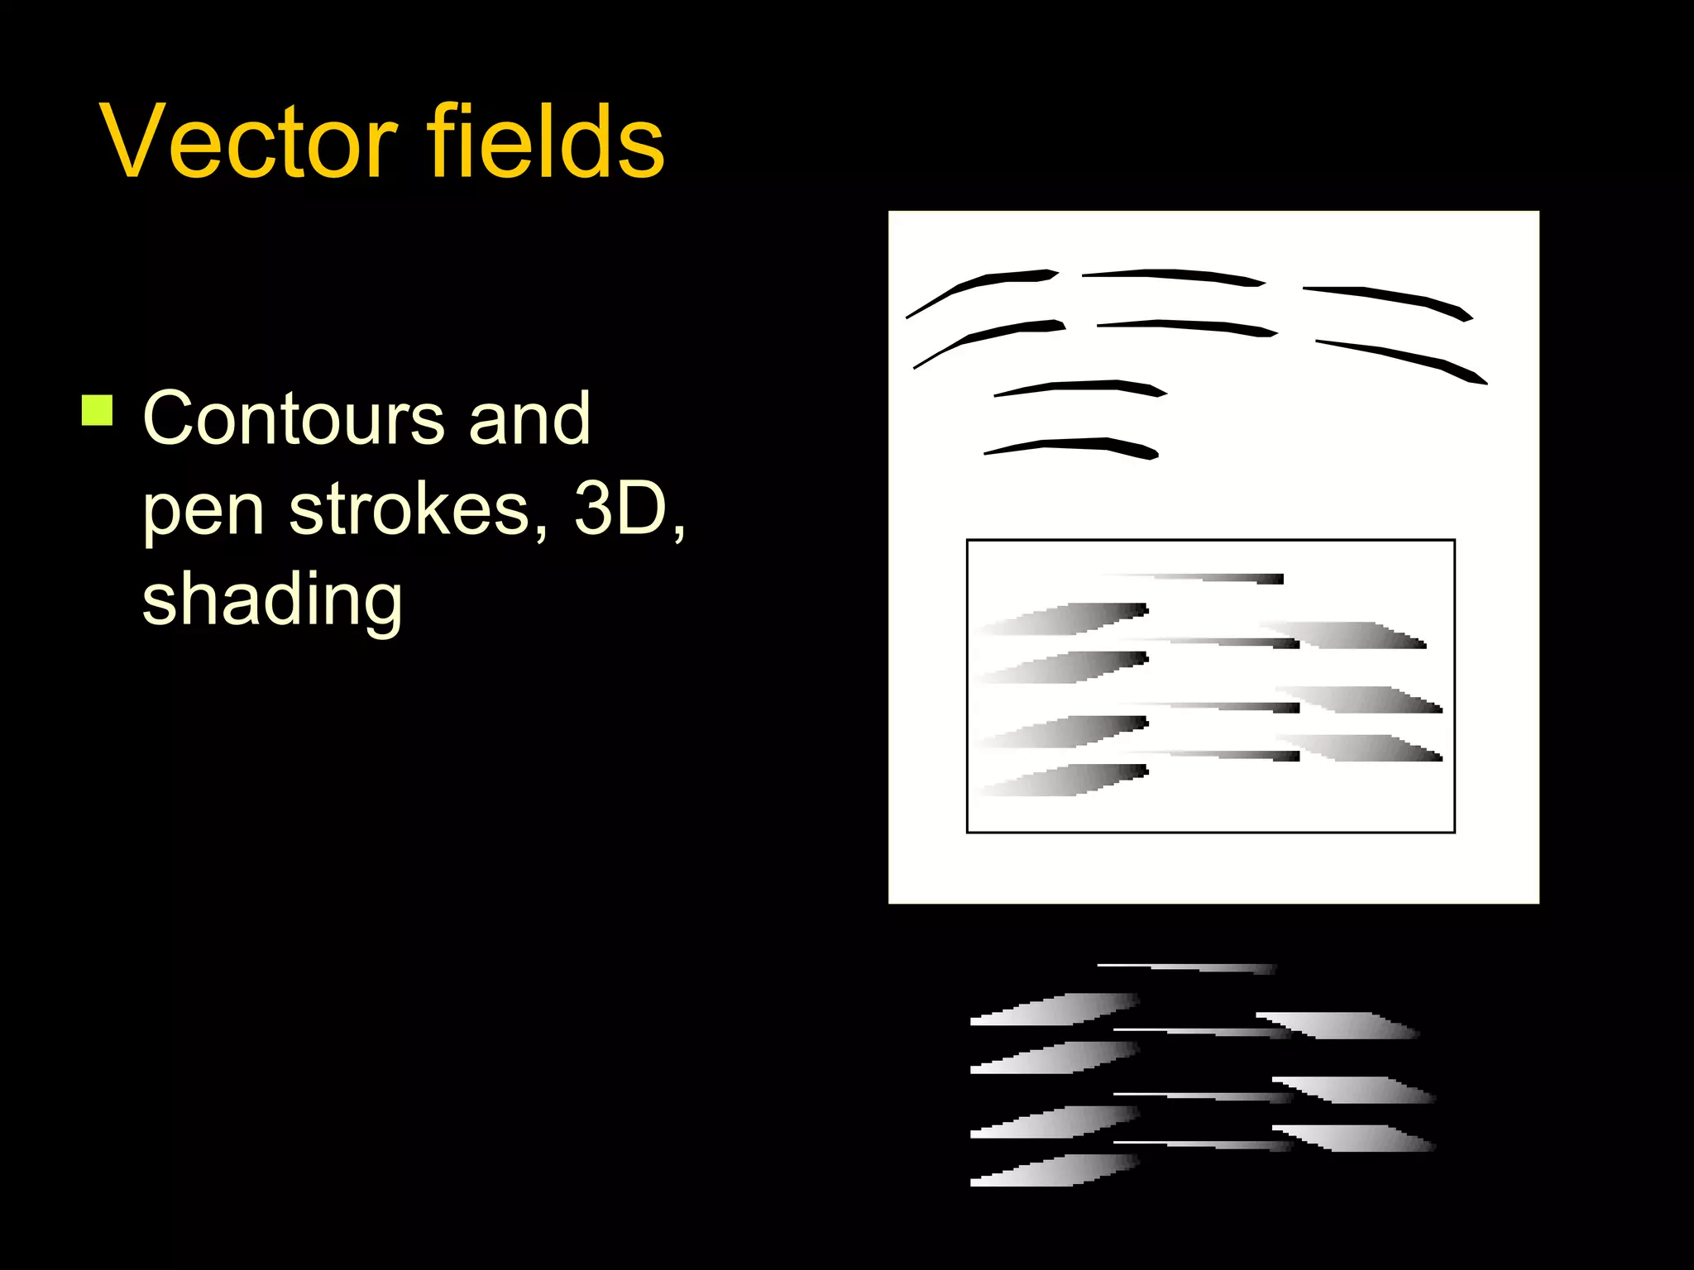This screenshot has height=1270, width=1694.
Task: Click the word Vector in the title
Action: (248, 142)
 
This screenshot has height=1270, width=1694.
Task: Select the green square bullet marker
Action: (98, 410)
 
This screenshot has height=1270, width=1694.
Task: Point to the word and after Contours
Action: (529, 418)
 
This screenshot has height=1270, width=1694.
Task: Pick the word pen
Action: (203, 511)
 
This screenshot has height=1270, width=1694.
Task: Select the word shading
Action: (272, 600)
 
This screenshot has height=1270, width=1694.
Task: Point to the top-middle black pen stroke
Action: (1175, 275)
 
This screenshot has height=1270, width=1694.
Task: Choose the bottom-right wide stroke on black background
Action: (1357, 1139)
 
